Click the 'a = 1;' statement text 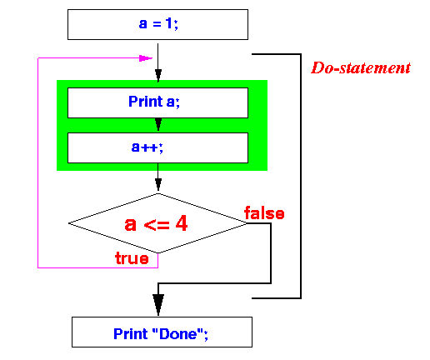[x=158, y=23]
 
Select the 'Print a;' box [x=157, y=102]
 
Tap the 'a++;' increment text [x=147, y=147]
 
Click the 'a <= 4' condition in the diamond [x=156, y=223]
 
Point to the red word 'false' [x=264, y=213]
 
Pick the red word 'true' [x=132, y=258]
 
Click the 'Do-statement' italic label [x=361, y=67]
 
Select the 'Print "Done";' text [x=161, y=333]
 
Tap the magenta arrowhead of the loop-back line [x=146, y=58]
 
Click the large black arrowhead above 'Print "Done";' [x=158, y=304]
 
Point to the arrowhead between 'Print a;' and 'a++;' [x=158, y=124]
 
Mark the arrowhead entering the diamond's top [x=158, y=185]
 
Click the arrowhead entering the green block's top [x=158, y=76]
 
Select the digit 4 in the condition [x=182, y=223]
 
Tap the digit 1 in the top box [x=169, y=23]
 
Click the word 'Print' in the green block [x=146, y=101]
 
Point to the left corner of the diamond [x=68, y=223]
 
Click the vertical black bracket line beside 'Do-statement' [x=301, y=176]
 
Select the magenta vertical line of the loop [x=37, y=162]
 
